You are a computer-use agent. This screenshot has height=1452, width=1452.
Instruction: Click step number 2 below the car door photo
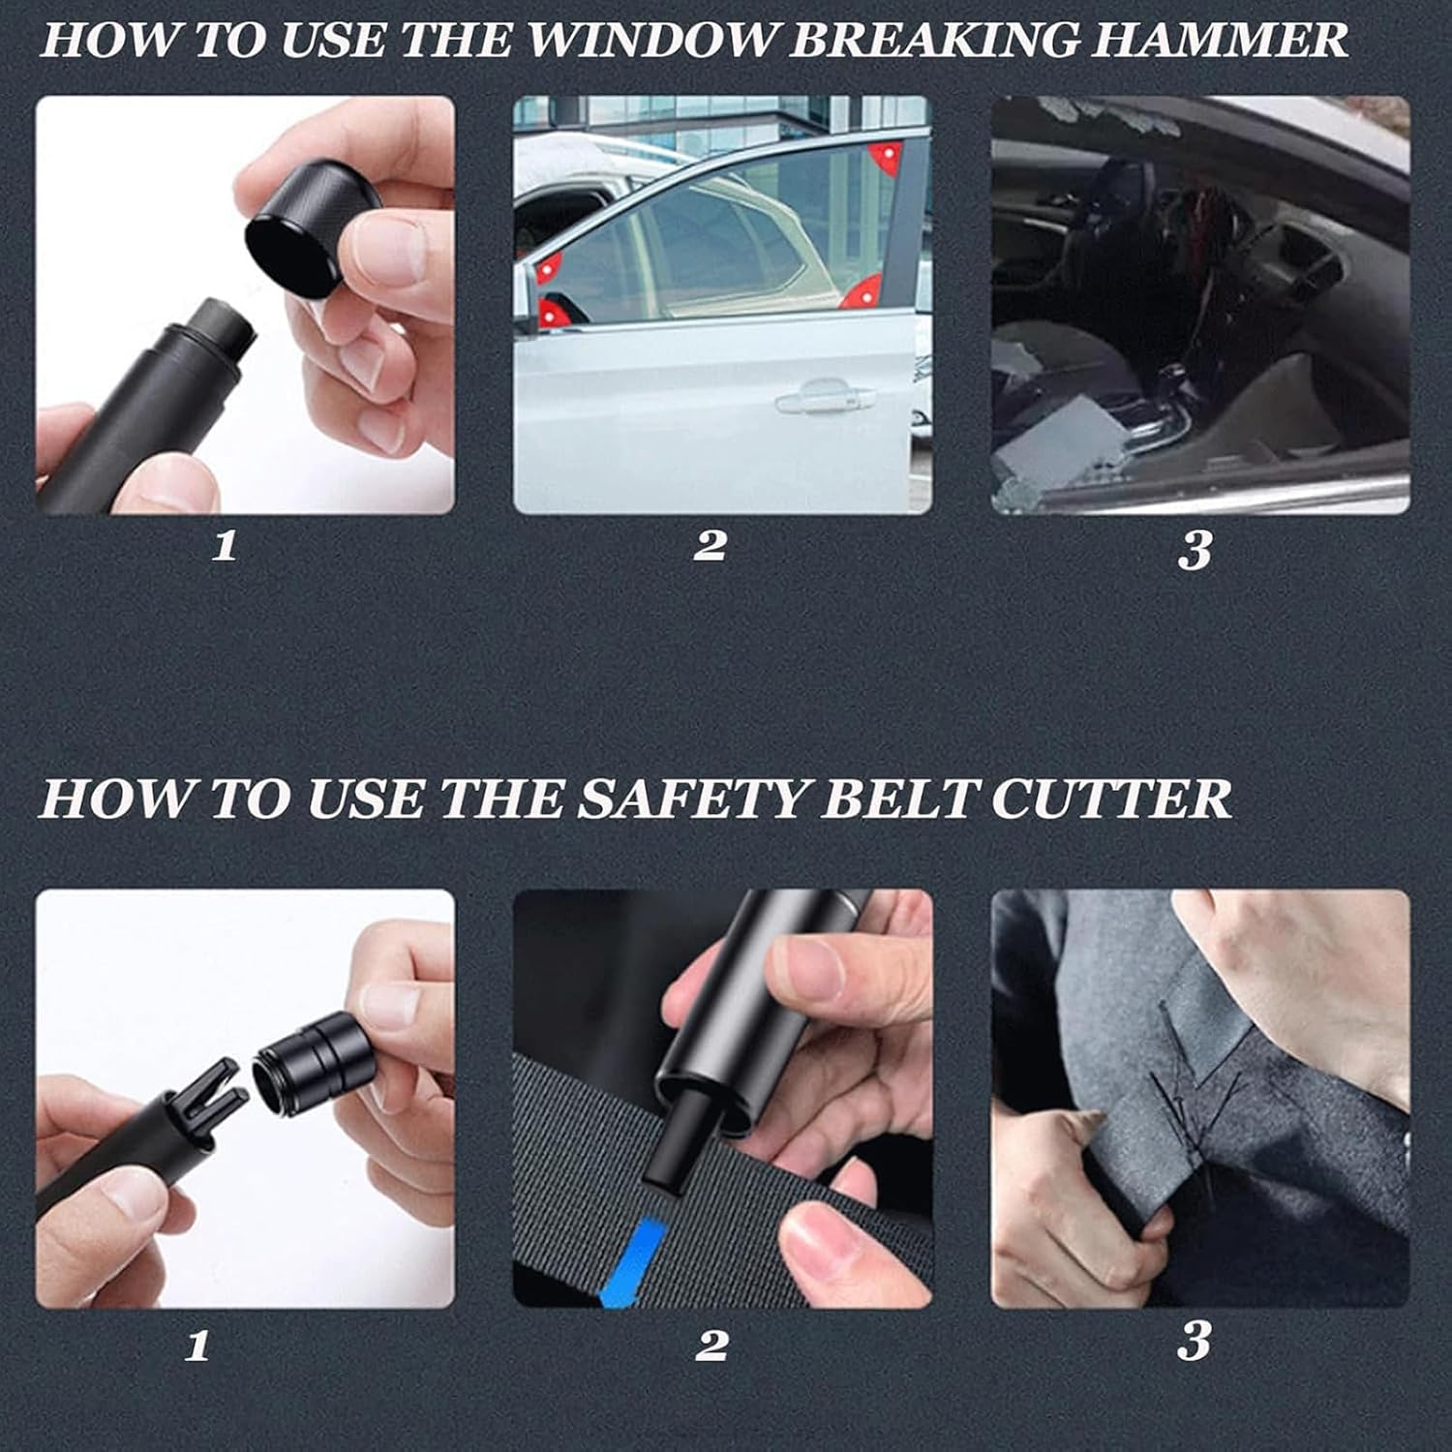pyautogui.click(x=710, y=545)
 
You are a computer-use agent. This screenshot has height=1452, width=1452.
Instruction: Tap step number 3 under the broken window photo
pyautogui.click(x=1195, y=550)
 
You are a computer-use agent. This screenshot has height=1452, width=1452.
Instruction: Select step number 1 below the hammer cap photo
pyautogui.click(x=225, y=546)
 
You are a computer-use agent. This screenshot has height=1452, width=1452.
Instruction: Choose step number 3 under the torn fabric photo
pyautogui.click(x=1195, y=1342)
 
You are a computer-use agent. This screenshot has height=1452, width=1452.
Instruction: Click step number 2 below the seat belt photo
pyautogui.click(x=711, y=1344)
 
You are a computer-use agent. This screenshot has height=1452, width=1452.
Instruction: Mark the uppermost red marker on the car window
pyautogui.click(x=884, y=156)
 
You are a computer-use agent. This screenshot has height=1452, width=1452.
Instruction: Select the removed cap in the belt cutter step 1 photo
pyautogui.click(x=307, y=1057)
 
